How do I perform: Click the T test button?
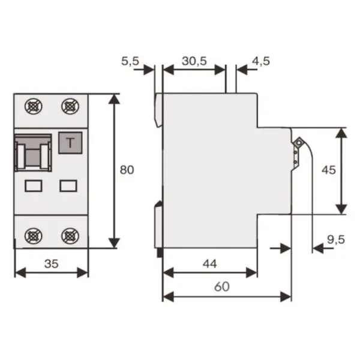(70, 143)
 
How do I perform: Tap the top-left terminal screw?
(34, 107)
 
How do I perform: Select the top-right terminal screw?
(70, 107)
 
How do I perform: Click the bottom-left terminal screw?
(34, 236)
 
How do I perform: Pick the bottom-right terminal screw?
(70, 236)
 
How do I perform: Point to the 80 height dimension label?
(127, 170)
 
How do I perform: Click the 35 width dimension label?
(52, 264)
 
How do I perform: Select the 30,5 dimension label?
(194, 61)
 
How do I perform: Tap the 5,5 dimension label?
(130, 61)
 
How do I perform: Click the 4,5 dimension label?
(261, 61)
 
